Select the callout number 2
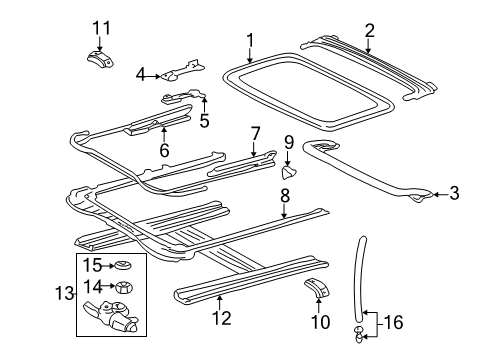coord(369,31)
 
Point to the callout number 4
coord(141,73)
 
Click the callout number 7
coord(255,133)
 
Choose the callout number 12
coord(221,318)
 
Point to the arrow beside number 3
coord(438,194)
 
